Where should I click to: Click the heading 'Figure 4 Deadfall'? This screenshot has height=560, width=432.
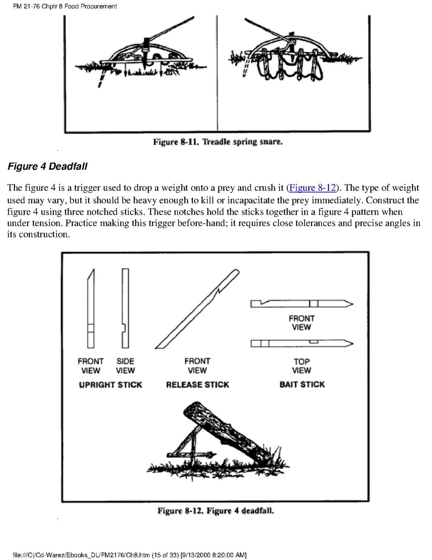pyautogui.click(x=48, y=166)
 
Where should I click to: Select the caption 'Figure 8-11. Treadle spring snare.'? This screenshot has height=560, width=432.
pyautogui.click(x=218, y=142)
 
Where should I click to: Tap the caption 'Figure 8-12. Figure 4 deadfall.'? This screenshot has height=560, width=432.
pyautogui.click(x=216, y=510)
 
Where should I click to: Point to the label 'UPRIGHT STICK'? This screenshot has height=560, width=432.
pyautogui.click(x=111, y=385)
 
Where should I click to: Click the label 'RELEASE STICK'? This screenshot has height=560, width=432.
pyautogui.click(x=197, y=385)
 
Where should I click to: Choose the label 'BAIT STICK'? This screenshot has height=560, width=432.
pyautogui.click(x=302, y=385)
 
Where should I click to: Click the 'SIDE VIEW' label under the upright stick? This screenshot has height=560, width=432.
pyautogui.click(x=125, y=366)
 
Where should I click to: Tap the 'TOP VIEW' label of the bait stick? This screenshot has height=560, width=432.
pyautogui.click(x=301, y=366)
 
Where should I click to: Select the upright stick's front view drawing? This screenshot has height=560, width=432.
pyautogui.click(x=91, y=309)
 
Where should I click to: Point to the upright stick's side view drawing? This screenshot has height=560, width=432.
pyautogui.click(x=125, y=309)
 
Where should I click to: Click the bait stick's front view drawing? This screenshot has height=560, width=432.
pyautogui.click(x=301, y=304)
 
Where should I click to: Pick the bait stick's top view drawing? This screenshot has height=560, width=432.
pyautogui.click(x=301, y=344)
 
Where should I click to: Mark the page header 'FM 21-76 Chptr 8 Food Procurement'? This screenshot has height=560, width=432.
pyautogui.click(x=65, y=7)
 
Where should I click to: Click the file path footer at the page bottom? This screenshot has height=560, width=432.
pyautogui.click(x=130, y=555)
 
